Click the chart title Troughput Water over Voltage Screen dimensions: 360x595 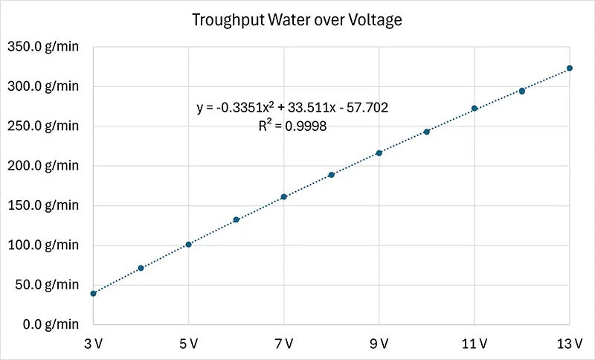[x=297, y=20]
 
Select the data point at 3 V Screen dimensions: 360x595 [x=93, y=293]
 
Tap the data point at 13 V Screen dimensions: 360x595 [x=570, y=68]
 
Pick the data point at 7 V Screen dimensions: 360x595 [x=284, y=196]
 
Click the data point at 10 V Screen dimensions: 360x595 [x=427, y=132]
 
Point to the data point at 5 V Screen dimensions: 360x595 [x=188, y=244]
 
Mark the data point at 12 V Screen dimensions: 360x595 [x=522, y=91]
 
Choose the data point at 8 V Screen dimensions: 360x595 [x=332, y=175]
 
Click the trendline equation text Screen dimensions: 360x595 [x=292, y=108]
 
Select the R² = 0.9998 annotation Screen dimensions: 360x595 [x=292, y=126]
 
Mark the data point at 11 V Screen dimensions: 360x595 [x=475, y=109]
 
